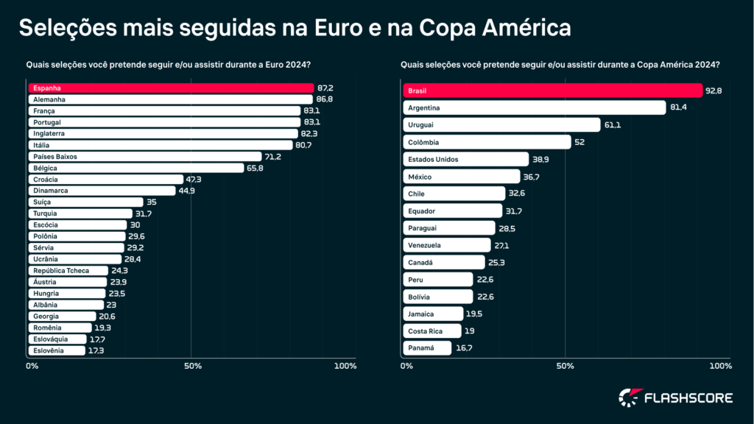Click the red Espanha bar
[171, 88]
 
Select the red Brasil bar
[552, 91]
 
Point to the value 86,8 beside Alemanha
[324, 99]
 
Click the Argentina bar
[533, 107]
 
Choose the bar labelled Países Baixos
[145, 156]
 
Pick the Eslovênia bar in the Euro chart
[57, 350]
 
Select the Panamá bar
[426, 347]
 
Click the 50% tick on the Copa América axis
[564, 366]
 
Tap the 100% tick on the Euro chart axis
[345, 366]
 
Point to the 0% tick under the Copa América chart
[406, 366]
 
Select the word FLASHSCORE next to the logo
[688, 398]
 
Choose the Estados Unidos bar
[465, 159]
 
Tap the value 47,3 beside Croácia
[194, 179]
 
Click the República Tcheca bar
[68, 270]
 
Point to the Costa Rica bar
[431, 331]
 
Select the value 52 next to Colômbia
[579, 142]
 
